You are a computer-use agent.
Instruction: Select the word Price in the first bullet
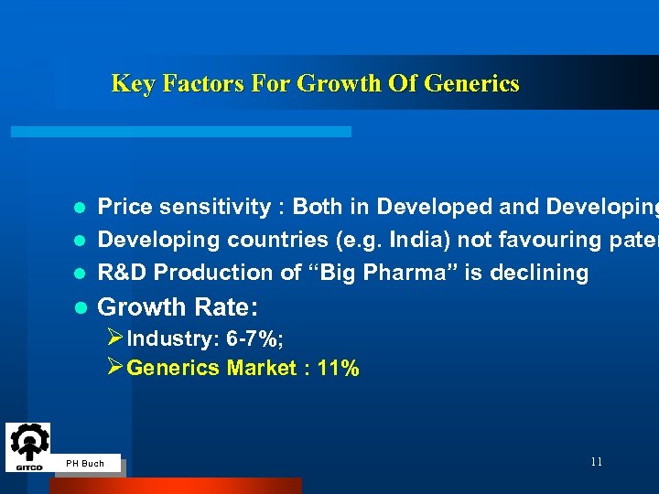point(124,207)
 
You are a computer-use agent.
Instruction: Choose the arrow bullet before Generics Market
point(115,368)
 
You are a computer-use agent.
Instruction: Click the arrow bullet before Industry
point(115,338)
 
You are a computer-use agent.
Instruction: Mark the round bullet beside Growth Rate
point(80,306)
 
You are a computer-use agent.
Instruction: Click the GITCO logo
point(27,447)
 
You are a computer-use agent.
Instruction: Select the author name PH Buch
point(85,464)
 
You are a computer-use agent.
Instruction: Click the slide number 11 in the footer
point(596,462)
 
